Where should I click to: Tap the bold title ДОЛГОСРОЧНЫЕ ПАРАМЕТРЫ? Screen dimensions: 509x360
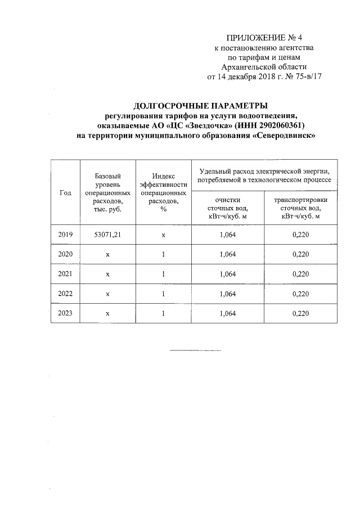pos(200,106)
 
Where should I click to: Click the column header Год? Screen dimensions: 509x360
pos(65,193)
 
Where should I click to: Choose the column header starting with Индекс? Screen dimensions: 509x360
pos(163,193)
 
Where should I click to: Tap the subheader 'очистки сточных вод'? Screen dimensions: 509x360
pos(228,208)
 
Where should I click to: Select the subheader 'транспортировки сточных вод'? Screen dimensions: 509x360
pos(301,208)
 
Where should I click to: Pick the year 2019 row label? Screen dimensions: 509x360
pos(65,234)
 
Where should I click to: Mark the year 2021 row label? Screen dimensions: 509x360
pos(65,274)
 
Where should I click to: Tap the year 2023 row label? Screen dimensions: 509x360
pos(65,313)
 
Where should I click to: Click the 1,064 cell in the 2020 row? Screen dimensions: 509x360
pos(228,254)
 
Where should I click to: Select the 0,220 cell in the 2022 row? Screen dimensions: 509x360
pos(301,294)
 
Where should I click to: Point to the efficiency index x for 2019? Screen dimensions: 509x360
pos(163,234)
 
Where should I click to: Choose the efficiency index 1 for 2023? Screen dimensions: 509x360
pos(163,313)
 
